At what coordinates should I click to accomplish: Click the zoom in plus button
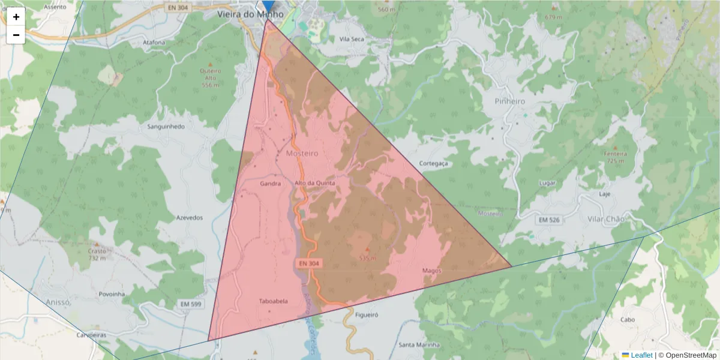click(x=16, y=17)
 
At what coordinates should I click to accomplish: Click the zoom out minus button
click(x=16, y=35)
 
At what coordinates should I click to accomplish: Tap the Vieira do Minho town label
click(x=251, y=14)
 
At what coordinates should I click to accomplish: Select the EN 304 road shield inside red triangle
click(x=308, y=263)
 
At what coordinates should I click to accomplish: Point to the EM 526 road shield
click(x=548, y=221)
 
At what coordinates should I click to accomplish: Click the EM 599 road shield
click(x=191, y=305)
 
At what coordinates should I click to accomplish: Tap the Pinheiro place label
click(x=510, y=101)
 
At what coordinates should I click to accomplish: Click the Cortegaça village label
click(x=434, y=163)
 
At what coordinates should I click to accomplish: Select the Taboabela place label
click(x=273, y=301)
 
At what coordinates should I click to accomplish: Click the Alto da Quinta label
click(x=314, y=183)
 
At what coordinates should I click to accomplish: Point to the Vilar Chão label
click(x=606, y=219)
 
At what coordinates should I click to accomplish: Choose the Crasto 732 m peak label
click(x=97, y=254)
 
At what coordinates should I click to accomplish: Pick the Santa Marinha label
click(x=419, y=345)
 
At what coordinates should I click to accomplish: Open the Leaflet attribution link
click(x=641, y=355)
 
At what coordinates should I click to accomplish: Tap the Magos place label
click(x=431, y=271)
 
